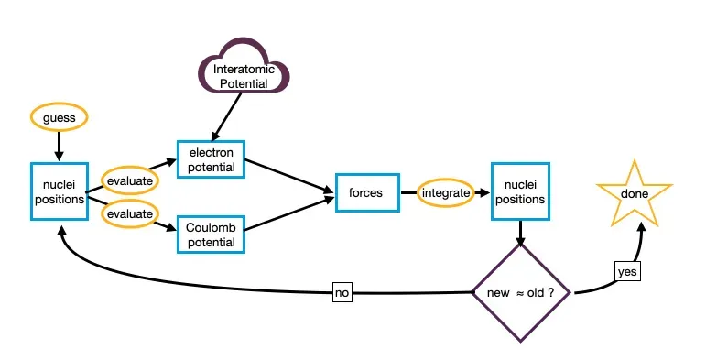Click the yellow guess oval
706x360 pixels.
pos(59,117)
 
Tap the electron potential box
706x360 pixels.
pos(212,159)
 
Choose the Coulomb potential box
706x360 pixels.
pos(212,235)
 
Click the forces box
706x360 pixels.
pos(367,193)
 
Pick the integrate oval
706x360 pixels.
pos(446,193)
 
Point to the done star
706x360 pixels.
pos(635,194)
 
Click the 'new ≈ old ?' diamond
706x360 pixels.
pos(521,293)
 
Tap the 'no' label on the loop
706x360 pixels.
pos(342,292)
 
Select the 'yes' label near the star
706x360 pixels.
pos(627,272)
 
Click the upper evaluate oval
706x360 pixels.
pos(130,180)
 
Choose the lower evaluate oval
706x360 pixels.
pos(130,213)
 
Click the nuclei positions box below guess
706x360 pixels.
pos(60,191)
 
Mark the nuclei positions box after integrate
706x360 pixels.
pos(520,191)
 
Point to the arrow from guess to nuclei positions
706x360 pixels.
pos(59,146)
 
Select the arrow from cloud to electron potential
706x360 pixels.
pos(226,116)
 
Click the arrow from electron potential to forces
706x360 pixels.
pos(289,177)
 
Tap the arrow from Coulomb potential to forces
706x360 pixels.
pos(289,213)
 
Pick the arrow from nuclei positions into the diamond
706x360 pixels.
pos(520,234)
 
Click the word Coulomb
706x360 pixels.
pos(211,227)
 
